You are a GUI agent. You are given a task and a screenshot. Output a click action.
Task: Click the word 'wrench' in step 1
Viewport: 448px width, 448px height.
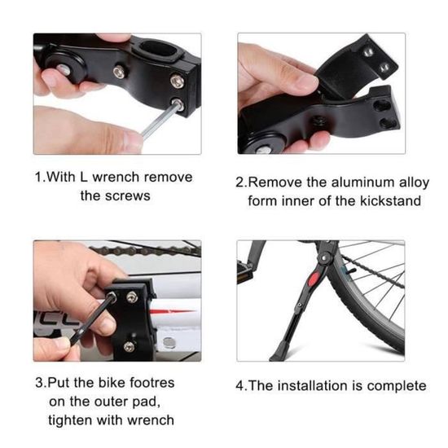click(116, 177)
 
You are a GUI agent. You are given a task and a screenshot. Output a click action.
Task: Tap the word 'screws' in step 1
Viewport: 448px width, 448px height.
click(128, 196)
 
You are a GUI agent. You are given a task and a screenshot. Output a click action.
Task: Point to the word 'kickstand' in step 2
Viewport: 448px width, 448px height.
click(390, 201)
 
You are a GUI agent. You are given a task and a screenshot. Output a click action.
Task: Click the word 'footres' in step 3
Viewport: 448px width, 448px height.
click(152, 383)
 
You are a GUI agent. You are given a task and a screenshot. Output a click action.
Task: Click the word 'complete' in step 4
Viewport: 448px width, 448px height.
click(397, 386)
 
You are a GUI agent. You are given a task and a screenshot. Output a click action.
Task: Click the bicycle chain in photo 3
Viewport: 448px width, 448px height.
click(145, 250)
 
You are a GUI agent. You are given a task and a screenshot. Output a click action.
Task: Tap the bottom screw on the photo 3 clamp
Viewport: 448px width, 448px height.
click(130, 346)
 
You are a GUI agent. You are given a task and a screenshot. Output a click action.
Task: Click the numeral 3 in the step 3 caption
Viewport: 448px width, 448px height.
click(39, 383)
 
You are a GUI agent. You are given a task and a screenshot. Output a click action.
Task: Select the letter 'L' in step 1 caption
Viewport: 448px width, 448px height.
click(84, 177)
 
